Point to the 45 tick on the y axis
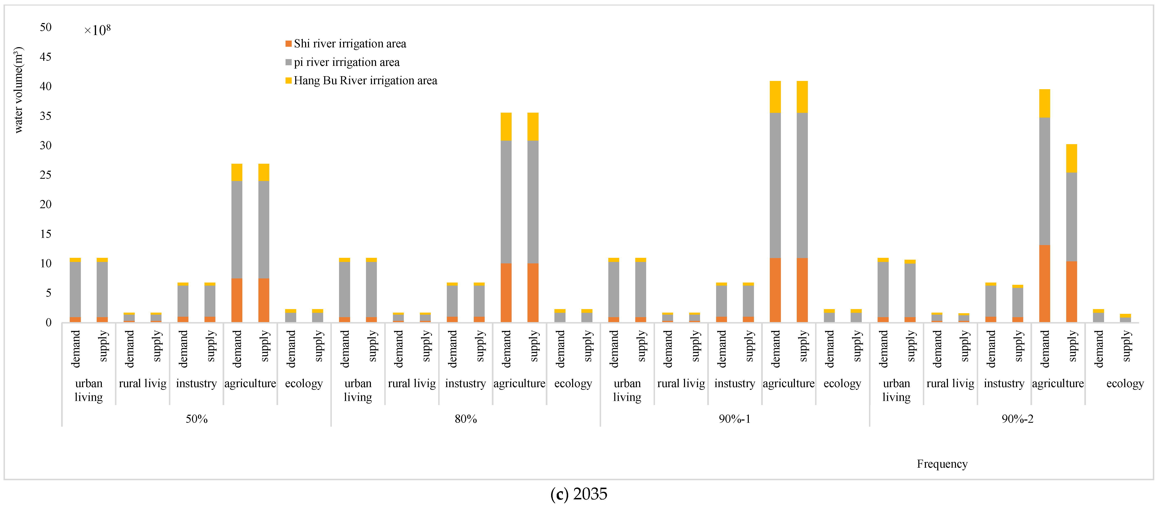45,57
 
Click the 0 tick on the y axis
48,322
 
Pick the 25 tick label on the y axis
45,175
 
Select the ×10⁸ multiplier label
97,30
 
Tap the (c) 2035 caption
579,494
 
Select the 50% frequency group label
197,419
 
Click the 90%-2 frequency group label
1017,419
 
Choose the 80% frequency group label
466,419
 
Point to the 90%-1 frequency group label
734,419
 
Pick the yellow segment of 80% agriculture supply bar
533,126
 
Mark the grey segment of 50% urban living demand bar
75,289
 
